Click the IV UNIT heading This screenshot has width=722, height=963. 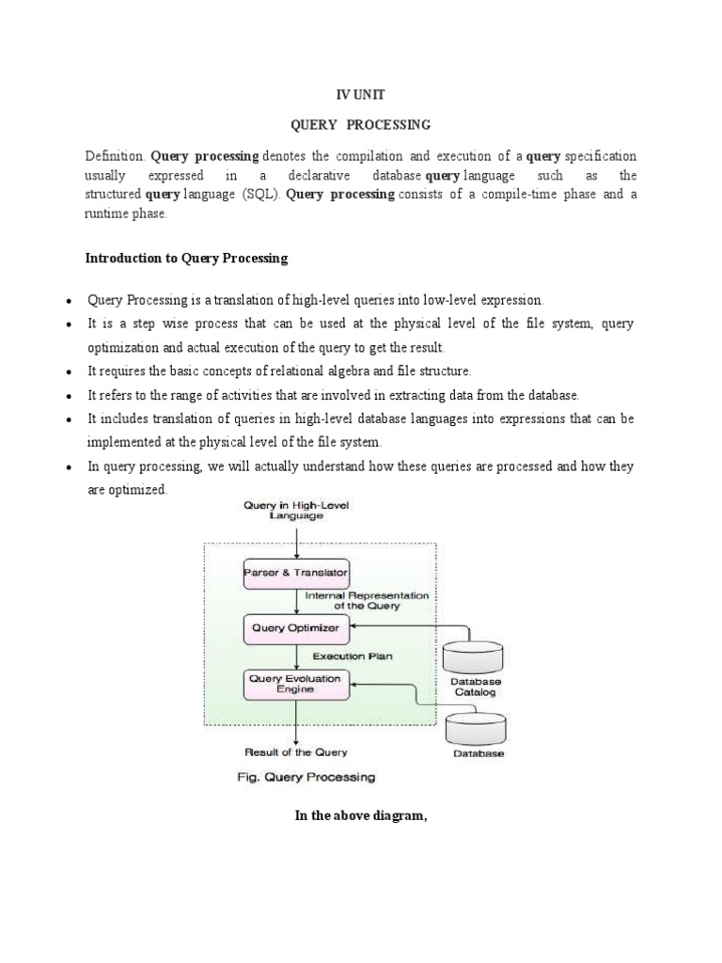coord(360,95)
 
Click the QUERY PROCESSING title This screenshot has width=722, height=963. coord(360,124)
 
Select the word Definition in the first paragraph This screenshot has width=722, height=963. coord(114,155)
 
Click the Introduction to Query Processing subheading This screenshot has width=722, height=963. coord(186,258)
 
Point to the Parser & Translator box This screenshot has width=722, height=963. coord(296,573)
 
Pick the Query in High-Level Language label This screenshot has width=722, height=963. coord(296,511)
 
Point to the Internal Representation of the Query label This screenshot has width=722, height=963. coord(366,600)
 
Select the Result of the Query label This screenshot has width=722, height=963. coord(296,752)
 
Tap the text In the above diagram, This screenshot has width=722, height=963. coord(361,815)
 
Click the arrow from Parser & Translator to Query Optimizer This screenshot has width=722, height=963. coord(297,601)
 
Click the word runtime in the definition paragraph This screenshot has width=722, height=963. coord(106,213)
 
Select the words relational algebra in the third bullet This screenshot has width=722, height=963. coord(363,371)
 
